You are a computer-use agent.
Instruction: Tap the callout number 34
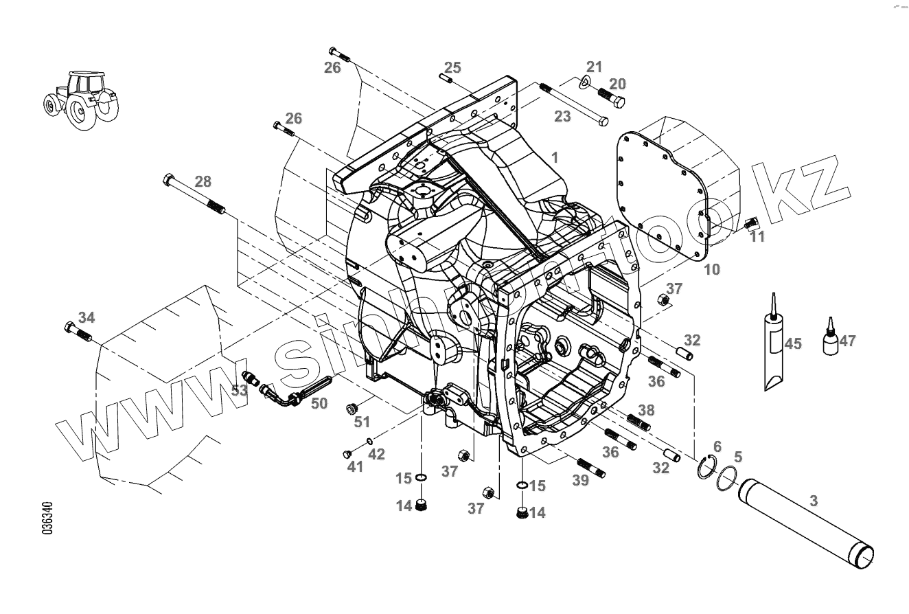pos(87,317)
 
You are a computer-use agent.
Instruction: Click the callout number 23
pos(562,117)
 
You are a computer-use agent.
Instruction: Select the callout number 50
pos(319,403)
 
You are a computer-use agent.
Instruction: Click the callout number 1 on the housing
pos(555,157)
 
